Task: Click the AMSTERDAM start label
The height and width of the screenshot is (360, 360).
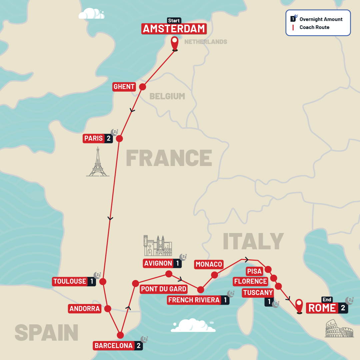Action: coord(174,29)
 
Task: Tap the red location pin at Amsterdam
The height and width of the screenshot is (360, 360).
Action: coord(175,43)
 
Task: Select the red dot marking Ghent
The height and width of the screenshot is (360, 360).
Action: coord(142,87)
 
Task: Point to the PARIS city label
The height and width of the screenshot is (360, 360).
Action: coord(94,138)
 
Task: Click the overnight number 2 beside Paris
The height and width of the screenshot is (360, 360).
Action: coord(108,138)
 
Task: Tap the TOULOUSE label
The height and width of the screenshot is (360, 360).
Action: coord(70,281)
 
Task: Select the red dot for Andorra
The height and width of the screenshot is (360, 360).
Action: coord(108,309)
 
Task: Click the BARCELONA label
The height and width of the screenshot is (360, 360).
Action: coord(114,346)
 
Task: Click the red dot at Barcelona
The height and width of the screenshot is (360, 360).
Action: coord(121,335)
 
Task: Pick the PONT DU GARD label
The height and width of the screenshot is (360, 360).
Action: coord(163,289)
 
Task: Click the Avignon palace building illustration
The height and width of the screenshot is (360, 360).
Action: coord(158,246)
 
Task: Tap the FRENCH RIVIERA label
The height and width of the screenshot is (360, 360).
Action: coord(194,300)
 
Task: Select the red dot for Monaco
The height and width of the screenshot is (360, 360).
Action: coord(214,275)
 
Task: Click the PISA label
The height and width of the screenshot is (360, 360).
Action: coord(254,271)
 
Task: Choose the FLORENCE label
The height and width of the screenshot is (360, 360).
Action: coord(250,281)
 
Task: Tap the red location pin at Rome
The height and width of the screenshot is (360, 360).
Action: coord(299,305)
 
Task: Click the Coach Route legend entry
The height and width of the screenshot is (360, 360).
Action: coord(314,27)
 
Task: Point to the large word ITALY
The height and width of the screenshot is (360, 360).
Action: coord(253,241)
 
